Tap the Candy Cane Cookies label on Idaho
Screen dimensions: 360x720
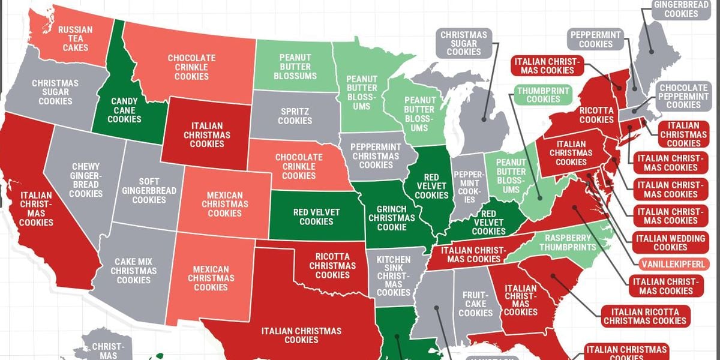(124, 110)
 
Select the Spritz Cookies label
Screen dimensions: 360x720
(295, 116)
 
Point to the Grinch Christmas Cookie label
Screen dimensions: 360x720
(391, 218)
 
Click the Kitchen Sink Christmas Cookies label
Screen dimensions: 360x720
(394, 275)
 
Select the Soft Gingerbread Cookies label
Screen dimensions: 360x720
(149, 190)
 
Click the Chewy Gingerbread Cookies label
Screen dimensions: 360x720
(86, 180)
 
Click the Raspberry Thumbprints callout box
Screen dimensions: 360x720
(567, 242)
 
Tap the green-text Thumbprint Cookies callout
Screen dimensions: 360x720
(543, 95)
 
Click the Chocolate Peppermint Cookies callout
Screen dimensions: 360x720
(683, 96)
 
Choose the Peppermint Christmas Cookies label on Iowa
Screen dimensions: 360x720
(376, 156)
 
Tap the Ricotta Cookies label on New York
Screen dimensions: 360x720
(596, 115)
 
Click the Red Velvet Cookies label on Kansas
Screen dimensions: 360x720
(316, 217)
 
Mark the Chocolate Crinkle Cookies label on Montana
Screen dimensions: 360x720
(191, 67)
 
